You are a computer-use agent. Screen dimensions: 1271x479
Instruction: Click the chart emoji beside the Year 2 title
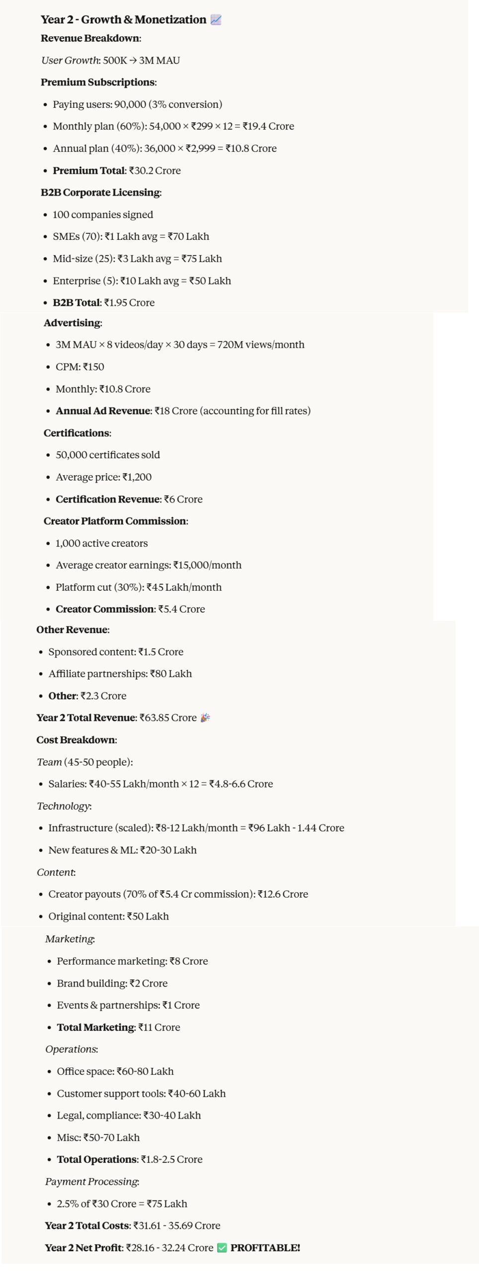pos(216,20)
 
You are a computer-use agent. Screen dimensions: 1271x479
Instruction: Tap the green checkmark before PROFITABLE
pos(222,1248)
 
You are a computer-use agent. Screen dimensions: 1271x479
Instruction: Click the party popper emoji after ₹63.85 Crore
pos(205,718)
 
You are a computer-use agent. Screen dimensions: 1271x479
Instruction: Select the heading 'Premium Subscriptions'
pos(98,82)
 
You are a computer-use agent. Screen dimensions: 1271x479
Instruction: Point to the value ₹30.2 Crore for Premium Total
pos(155,171)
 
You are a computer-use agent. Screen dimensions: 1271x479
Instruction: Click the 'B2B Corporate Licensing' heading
pos(100,193)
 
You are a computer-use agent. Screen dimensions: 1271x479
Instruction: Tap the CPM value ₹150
pos(93,367)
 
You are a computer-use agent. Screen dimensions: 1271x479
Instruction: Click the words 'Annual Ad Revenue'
pos(103,411)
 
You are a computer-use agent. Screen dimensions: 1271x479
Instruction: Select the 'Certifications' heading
pos(77,433)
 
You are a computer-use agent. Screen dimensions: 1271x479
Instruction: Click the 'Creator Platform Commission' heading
pos(115,521)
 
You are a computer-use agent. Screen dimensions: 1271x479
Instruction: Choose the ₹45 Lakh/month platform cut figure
pos(184,587)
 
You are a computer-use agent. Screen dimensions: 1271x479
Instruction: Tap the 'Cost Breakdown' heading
pos(76,740)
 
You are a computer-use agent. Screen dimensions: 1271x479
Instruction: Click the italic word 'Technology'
pos(63,806)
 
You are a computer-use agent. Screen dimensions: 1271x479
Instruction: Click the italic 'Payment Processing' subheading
pos(91,1182)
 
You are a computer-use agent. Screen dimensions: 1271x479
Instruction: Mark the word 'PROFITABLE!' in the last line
pos(265,1248)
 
